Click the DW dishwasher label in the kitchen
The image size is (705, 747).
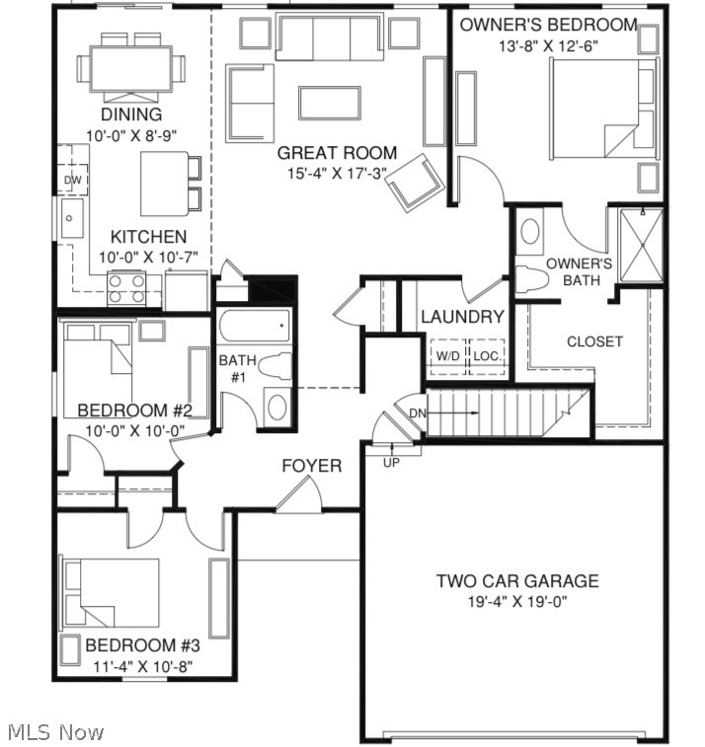(x=72, y=181)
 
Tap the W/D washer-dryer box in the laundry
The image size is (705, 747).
(x=447, y=356)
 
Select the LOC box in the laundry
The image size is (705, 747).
(x=486, y=356)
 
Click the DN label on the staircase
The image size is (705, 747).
(x=417, y=412)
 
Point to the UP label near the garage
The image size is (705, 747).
(x=391, y=462)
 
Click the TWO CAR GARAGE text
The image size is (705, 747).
(x=517, y=581)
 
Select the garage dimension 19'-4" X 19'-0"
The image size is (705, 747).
(x=517, y=602)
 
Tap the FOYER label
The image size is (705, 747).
(x=312, y=466)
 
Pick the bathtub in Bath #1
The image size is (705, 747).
(x=255, y=325)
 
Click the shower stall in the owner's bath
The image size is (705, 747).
(x=641, y=246)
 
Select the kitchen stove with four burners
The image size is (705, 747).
(x=126, y=287)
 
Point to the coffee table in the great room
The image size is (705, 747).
(x=329, y=102)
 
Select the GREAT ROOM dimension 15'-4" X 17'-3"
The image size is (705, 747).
(x=337, y=173)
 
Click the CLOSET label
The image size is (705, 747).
(x=594, y=341)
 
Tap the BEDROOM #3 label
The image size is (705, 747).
(x=142, y=645)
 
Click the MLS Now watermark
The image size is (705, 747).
(x=55, y=732)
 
